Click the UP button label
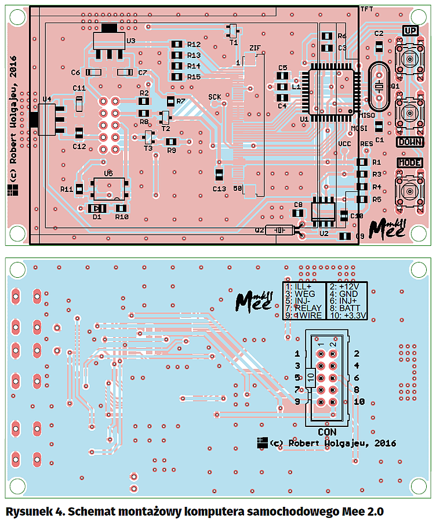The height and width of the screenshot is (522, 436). [410, 30]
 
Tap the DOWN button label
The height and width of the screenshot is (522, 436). [410, 142]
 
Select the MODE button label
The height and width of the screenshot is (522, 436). [410, 163]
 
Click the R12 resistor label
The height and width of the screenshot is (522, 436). [194, 44]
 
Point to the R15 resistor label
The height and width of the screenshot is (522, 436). [194, 77]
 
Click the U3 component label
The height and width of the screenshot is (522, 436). [130, 41]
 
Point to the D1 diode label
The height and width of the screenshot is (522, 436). [97, 217]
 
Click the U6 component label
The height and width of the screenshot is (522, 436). [108, 173]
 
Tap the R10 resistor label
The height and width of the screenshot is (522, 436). [121, 217]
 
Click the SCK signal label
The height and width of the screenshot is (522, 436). [215, 96]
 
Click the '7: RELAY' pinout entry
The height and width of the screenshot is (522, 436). [304, 309]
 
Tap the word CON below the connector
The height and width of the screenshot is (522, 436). [326, 432]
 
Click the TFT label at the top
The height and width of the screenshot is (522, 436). [366, 9]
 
